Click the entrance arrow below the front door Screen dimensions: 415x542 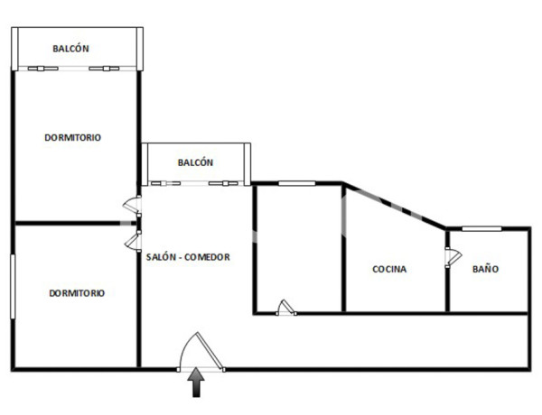coord(196,385)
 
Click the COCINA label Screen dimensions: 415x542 coord(389,269)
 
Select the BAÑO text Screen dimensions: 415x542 coord(485,269)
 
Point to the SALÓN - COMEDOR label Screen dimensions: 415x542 coord(188,257)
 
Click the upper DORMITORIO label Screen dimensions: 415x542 coord(72,138)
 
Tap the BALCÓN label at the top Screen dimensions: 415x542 coord(70,49)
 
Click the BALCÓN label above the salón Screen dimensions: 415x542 coord(195,163)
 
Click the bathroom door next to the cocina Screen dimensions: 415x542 coord(447,257)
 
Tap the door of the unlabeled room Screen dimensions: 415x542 coord(285,308)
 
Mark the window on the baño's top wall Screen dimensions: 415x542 coord(476,228)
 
